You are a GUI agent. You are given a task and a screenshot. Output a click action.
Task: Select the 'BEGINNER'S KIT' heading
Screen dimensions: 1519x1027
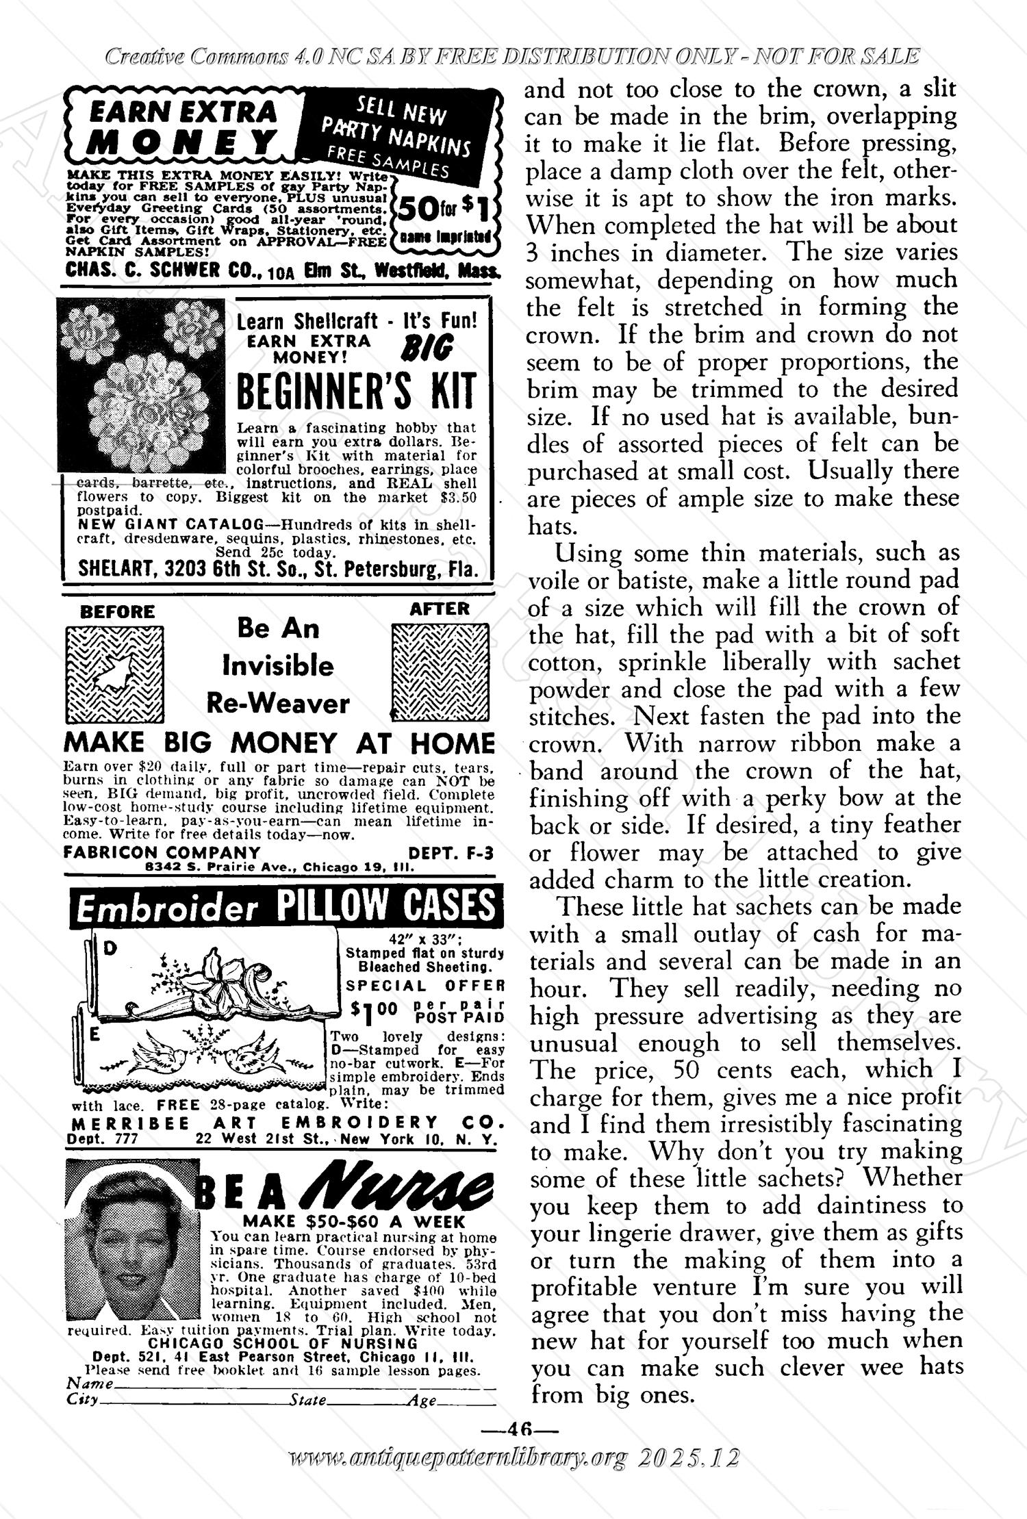355,393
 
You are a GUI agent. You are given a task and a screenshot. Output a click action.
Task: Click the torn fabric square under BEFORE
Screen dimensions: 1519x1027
114,674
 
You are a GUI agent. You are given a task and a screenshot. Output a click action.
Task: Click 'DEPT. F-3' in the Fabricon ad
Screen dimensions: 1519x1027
450,853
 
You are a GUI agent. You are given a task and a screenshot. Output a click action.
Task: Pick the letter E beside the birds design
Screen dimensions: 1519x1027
95,1036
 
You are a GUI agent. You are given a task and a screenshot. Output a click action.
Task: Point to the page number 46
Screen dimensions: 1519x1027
520,1429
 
